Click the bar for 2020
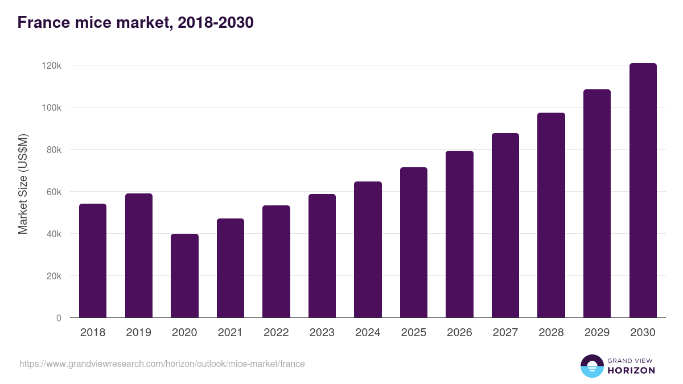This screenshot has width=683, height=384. pos(184,276)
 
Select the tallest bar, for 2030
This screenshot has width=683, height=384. pos(643,191)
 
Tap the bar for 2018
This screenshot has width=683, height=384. pos(93,261)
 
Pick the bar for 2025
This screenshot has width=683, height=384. pos(414,242)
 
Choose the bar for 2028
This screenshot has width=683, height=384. pos(551,215)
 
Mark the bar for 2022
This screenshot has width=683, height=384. pos(276,262)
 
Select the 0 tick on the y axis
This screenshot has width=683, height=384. pos(59,318)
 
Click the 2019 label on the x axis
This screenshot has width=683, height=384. pos(138,333)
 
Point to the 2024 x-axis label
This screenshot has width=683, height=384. pos(368,333)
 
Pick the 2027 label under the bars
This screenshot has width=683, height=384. pos(505,333)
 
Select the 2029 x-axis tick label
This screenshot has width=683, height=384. pos(597,333)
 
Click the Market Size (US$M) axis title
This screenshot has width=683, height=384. pos(23,184)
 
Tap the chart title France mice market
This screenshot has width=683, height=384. pos(135,23)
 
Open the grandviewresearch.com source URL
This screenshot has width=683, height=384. pos(162,364)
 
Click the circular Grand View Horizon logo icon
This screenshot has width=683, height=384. pos(591,366)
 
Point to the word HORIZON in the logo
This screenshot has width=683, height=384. pos(631,370)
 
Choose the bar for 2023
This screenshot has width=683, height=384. pos(322,256)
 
